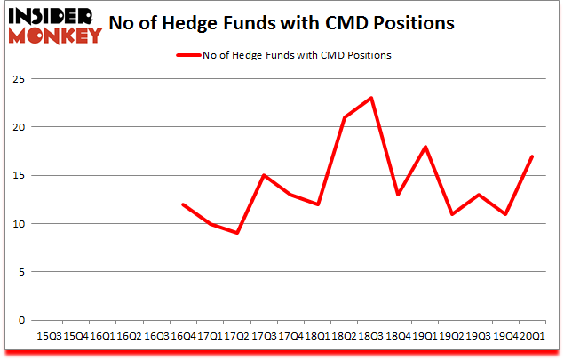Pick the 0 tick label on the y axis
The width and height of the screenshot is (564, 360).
click(19, 320)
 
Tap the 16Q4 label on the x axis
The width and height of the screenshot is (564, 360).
click(183, 335)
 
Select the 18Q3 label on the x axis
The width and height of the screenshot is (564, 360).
click(370, 335)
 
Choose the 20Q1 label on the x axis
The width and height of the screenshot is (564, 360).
click(531, 335)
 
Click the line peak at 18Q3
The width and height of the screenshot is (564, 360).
click(370, 98)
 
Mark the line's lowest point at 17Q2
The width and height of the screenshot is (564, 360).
click(236, 233)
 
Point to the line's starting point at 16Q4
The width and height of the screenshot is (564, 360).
click(183, 204)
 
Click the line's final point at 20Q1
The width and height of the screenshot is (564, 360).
click(531, 156)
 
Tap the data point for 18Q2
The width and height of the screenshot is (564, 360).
click(344, 117)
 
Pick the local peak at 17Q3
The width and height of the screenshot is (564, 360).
click(263, 175)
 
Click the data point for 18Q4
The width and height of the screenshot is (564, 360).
click(397, 195)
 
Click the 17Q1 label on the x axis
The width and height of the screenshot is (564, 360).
click(210, 335)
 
